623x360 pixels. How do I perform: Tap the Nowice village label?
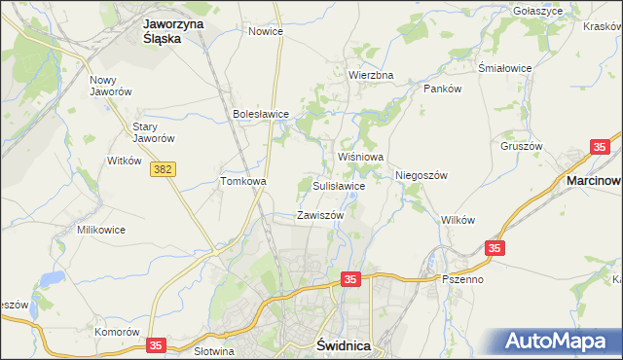(265, 31)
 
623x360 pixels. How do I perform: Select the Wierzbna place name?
(371, 75)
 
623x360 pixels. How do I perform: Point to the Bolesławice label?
(261, 114)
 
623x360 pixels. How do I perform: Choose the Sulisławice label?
(339, 185)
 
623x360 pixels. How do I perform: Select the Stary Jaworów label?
(153, 132)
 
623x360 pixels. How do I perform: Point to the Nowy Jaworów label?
(109, 87)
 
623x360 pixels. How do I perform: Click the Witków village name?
(125, 160)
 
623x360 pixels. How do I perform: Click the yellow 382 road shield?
(163, 169)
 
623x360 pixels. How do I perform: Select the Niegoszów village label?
(421, 175)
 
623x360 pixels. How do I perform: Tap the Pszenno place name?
(462, 279)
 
